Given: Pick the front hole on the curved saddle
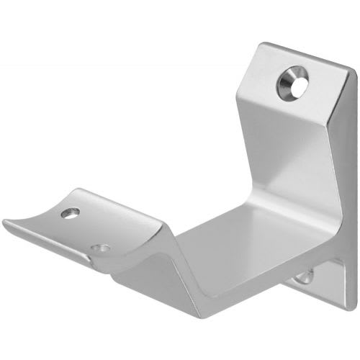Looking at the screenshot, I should click(102, 248).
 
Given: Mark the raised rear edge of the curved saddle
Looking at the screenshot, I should click(108, 198).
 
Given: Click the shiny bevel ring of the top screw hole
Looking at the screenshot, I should click(287, 81).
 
